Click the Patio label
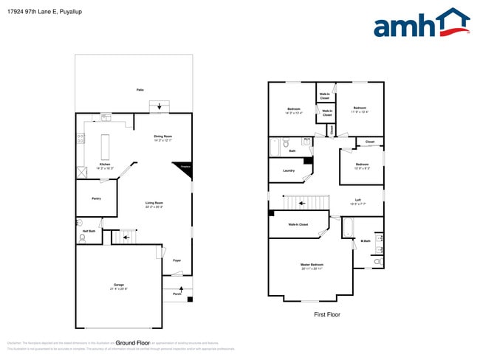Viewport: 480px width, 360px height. pyautogui.click(x=140, y=89)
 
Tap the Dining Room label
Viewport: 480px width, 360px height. pyautogui.click(x=162, y=136)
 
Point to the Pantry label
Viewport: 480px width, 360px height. pyautogui.click(x=96, y=198)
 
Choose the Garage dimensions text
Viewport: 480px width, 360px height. pyautogui.click(x=118, y=287)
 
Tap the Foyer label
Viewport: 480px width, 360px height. pyautogui.click(x=176, y=260)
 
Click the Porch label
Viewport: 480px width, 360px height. pyautogui.click(x=177, y=294)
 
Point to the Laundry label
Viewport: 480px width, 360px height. pyautogui.click(x=289, y=170)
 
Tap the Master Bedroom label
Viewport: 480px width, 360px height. pyautogui.click(x=313, y=265)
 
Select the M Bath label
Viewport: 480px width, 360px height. pyautogui.click(x=366, y=240)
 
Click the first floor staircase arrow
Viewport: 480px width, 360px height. pyautogui.click(x=299, y=202)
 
